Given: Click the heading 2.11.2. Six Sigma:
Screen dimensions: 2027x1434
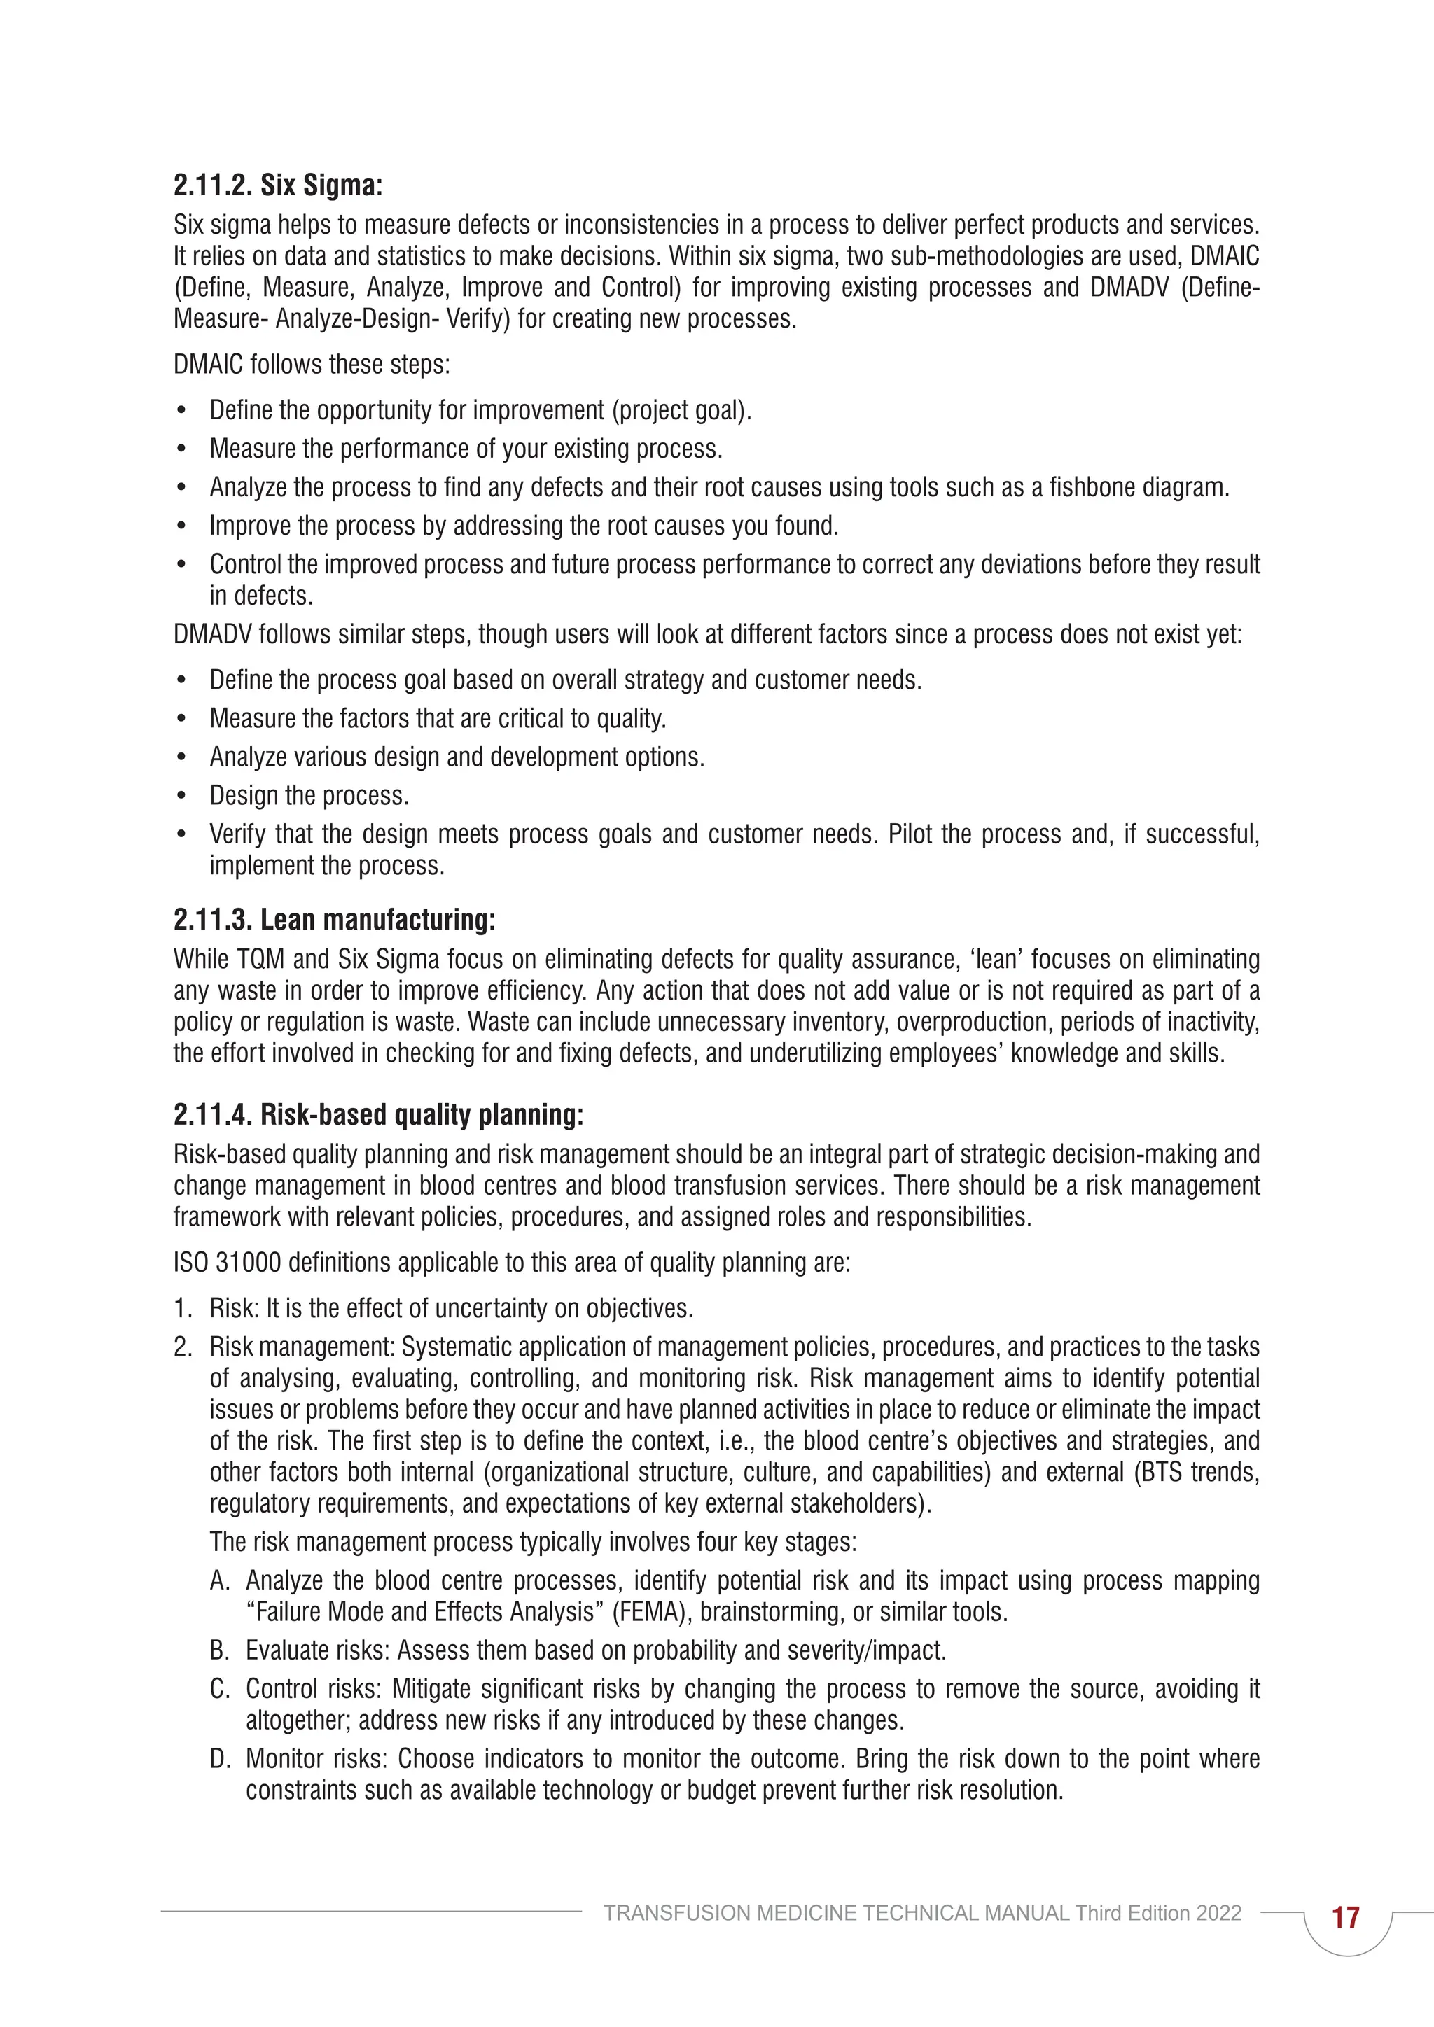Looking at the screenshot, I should pos(277,185).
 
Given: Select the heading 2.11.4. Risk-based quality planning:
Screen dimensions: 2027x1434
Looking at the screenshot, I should pos(378,1115).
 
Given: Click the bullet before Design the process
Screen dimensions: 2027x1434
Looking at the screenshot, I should pos(181,797).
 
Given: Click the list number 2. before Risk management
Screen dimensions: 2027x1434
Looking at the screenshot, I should pos(183,1347).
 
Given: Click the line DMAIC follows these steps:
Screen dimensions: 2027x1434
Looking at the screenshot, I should pos(311,365).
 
